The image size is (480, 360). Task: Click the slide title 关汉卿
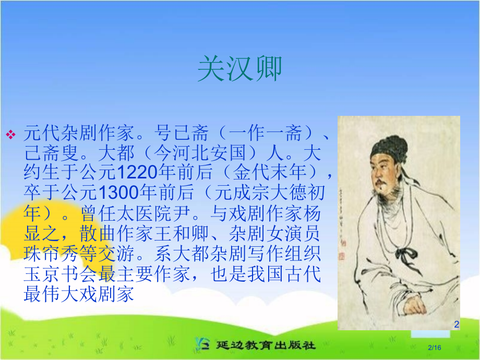[239, 69]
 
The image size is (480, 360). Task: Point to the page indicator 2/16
[434, 347]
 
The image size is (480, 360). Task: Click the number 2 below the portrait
[457, 325]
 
